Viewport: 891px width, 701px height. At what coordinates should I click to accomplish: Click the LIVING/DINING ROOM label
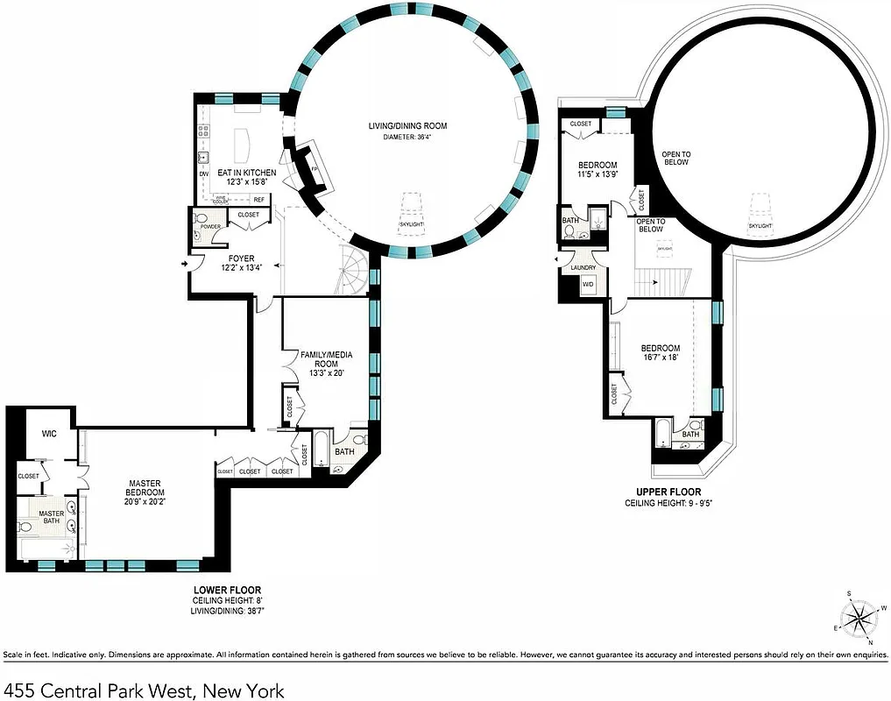(x=408, y=127)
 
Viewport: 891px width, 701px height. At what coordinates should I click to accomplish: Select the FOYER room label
(x=242, y=258)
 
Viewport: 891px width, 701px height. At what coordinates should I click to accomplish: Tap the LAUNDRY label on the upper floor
(x=583, y=267)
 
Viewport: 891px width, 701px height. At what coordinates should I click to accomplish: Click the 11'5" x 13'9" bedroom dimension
(x=598, y=175)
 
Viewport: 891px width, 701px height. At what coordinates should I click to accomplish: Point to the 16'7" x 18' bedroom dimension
(x=660, y=358)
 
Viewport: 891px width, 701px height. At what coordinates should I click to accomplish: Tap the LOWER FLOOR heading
(x=227, y=589)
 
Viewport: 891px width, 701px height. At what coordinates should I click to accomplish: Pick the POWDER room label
(x=210, y=226)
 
